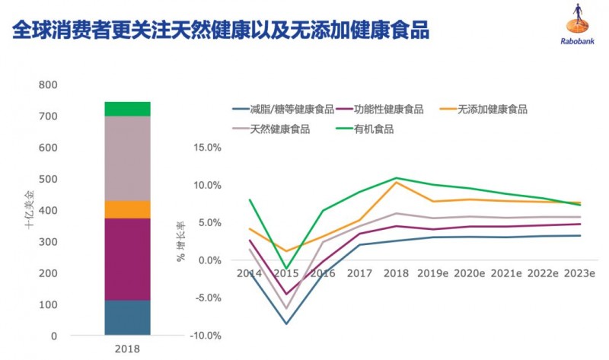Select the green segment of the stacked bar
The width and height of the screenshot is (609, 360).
click(127, 109)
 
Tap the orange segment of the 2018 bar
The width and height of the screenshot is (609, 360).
click(127, 209)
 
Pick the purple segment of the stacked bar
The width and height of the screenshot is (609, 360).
click(127, 260)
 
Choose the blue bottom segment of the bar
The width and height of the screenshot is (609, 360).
click(127, 317)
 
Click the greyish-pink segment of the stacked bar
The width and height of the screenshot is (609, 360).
click(127, 158)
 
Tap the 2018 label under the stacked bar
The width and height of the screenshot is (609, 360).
click(127, 349)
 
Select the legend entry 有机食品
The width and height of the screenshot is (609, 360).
click(373, 129)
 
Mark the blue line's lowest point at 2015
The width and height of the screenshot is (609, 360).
click(286, 324)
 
